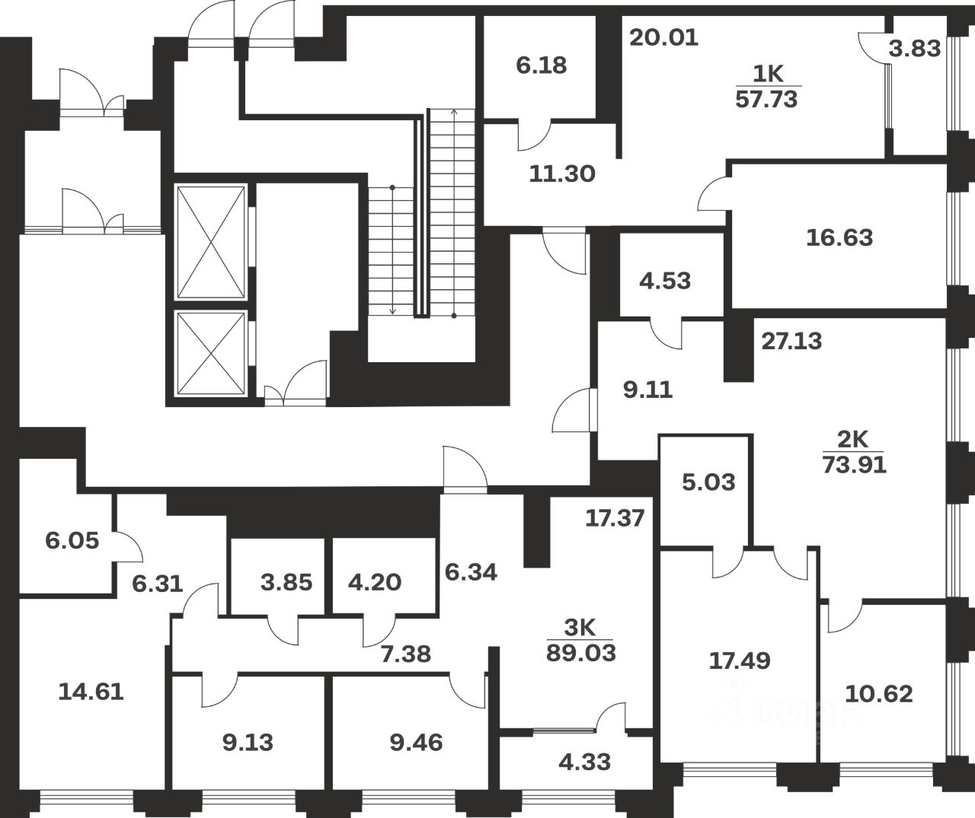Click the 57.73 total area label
pos(767,98)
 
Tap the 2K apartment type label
pos(853,440)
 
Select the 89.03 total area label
pos(580,652)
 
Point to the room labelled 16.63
pos(839,237)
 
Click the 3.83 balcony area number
pos(915,49)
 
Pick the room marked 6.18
pos(541,65)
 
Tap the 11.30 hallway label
pos(562,173)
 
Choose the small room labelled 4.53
pos(665,281)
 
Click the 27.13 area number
pos(792,341)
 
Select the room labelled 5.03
pos(708,482)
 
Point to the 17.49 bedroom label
pos(739,660)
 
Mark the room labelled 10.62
pos(879,694)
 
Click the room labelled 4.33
pos(584,762)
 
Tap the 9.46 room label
pos(416,742)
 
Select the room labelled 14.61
pos(91,692)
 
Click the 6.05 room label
pos(72,541)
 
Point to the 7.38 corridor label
pos(405,652)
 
